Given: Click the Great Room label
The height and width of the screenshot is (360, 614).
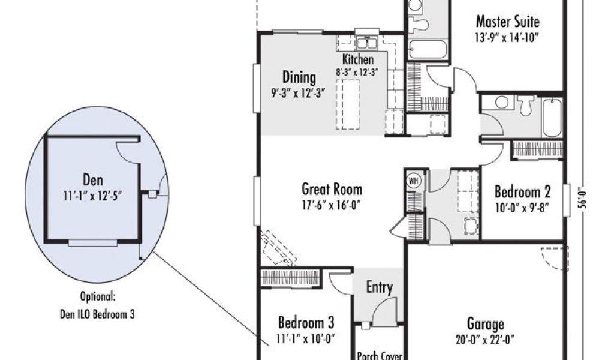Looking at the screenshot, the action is (x=332, y=189).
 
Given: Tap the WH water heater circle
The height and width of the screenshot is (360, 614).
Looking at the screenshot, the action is (x=413, y=181).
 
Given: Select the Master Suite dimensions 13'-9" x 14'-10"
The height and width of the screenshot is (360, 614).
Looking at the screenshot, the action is (x=507, y=38).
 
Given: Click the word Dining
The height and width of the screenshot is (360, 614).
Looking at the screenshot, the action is (x=299, y=77).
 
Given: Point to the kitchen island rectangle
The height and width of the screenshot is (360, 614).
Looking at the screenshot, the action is (x=347, y=104).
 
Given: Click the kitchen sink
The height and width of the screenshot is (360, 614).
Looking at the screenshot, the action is (x=366, y=43).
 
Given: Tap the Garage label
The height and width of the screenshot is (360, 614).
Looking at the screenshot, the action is (x=486, y=325).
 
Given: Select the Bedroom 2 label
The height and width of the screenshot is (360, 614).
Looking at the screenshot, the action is (x=522, y=192).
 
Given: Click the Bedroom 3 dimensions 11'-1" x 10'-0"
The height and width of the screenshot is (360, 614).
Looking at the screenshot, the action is (x=306, y=338).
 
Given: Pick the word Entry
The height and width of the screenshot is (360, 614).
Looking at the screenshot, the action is (x=379, y=287).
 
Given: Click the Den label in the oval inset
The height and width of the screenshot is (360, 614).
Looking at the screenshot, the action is (x=93, y=180).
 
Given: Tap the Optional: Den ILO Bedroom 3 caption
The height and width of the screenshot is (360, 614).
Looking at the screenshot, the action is (x=98, y=305).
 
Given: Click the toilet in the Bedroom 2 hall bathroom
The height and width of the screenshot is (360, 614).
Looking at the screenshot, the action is (x=525, y=105).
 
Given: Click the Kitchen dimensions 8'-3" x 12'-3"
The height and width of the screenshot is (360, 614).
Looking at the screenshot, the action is (x=357, y=72).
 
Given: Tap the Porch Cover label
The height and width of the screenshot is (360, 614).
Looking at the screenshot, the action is (x=380, y=356).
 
